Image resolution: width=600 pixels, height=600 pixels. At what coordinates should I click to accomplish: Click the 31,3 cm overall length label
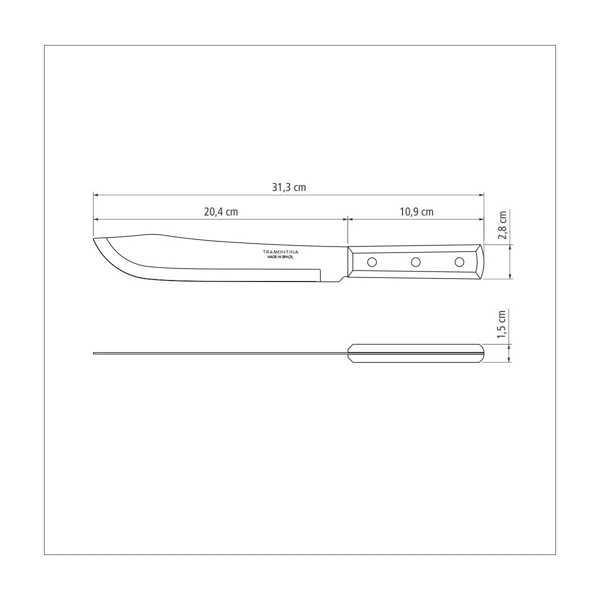point(289,187)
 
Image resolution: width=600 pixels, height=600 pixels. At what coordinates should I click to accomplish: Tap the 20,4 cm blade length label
point(221,212)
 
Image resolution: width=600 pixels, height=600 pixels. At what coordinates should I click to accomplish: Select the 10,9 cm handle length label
point(416,212)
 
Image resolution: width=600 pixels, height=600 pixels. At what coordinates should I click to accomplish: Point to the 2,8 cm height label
point(502,225)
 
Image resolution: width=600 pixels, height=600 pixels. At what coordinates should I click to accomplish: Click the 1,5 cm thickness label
point(502,324)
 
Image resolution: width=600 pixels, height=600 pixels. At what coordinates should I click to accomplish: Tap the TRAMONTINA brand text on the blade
point(280,251)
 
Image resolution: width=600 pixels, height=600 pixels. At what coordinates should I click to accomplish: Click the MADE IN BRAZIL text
point(280,257)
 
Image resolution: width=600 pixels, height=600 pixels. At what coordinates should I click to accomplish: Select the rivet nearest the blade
point(372,262)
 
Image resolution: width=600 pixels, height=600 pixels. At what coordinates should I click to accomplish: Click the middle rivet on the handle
point(415,262)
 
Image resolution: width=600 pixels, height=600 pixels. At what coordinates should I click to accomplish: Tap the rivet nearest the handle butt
point(459,262)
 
